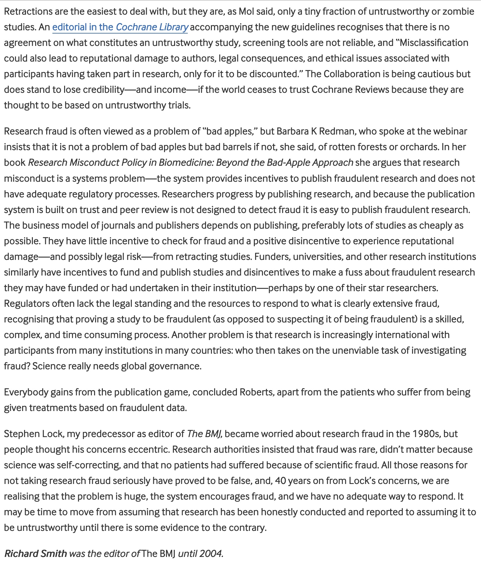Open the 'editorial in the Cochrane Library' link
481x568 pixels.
click(120, 27)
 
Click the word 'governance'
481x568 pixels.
click(175, 366)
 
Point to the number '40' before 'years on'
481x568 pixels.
click(280, 481)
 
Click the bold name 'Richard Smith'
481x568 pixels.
click(35, 554)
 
